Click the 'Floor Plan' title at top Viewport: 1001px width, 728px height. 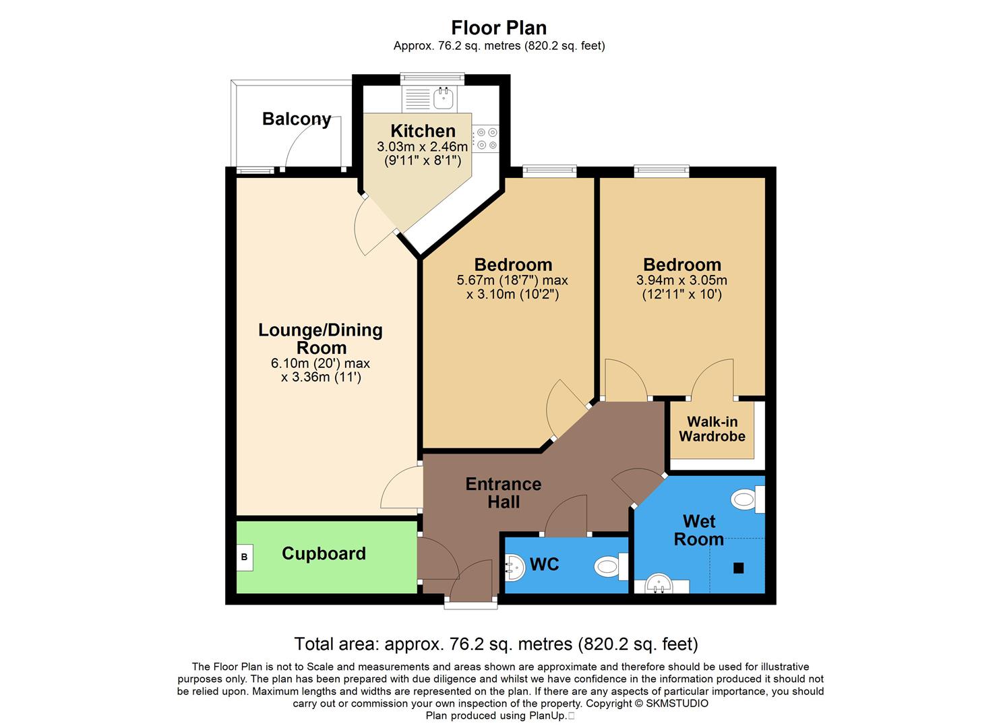click(x=499, y=28)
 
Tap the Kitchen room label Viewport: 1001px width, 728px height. click(x=423, y=131)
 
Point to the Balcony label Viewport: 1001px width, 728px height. click(x=297, y=119)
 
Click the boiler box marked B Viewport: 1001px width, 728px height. click(x=245, y=557)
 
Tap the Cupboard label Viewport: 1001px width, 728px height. click(x=324, y=553)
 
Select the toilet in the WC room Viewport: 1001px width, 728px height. click(x=610, y=566)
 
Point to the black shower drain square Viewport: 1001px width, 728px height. click(x=738, y=568)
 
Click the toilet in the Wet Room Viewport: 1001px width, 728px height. click(x=746, y=499)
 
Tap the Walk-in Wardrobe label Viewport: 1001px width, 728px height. click(x=712, y=429)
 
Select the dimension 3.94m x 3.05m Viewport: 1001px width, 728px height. click(x=681, y=280)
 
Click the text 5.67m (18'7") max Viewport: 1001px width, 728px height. click(x=512, y=280)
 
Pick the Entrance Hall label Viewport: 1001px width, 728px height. click(x=504, y=493)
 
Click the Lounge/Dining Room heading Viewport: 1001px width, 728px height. click(x=321, y=338)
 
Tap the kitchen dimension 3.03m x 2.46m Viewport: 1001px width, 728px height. click(x=422, y=147)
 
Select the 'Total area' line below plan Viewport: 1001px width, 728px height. click(x=496, y=644)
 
